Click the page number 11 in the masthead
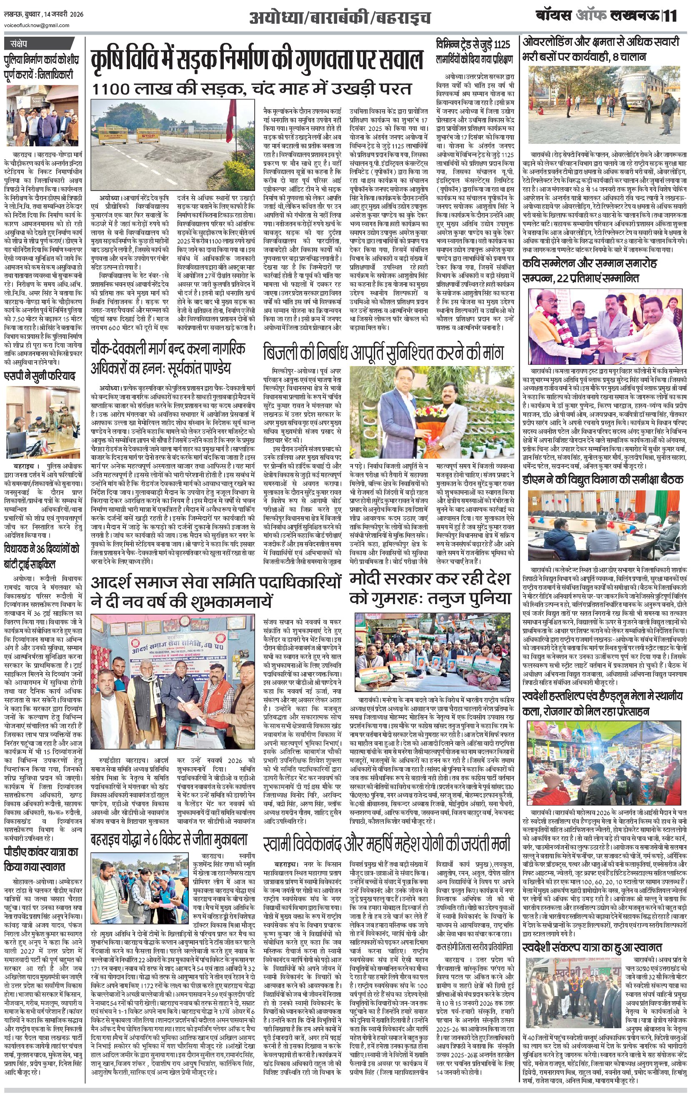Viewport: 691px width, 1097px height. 671,16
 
